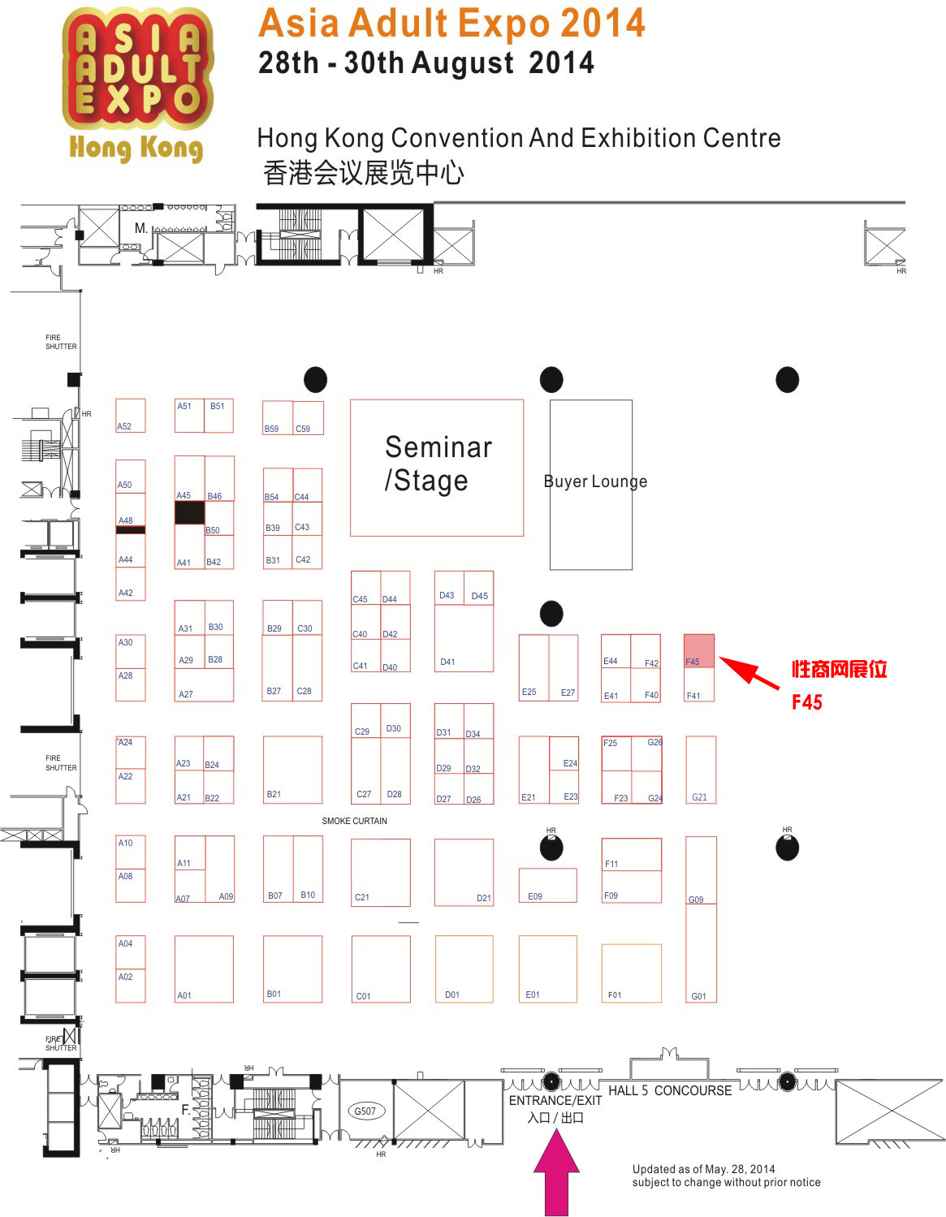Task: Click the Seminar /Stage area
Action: pyautogui.click(x=437, y=467)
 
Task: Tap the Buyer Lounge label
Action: pyautogui.click(x=595, y=481)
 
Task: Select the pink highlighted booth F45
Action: pyautogui.click(x=699, y=651)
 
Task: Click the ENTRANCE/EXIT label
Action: pyautogui.click(x=555, y=1101)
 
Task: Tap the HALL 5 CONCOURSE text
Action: pyautogui.click(x=670, y=1090)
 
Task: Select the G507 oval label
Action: pyautogui.click(x=365, y=1111)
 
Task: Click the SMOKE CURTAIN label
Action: pyautogui.click(x=354, y=821)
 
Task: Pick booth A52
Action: pyautogui.click(x=131, y=416)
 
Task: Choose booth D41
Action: pyautogui.click(x=464, y=637)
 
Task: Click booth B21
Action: pyautogui.click(x=292, y=770)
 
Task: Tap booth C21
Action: pyautogui.click(x=380, y=872)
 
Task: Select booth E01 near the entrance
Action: pyautogui.click(x=547, y=969)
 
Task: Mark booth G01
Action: pyautogui.click(x=701, y=953)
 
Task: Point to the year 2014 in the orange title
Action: pyautogui.click(x=603, y=23)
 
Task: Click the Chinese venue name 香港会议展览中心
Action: pyautogui.click(x=364, y=173)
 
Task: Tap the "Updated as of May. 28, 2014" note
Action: pyautogui.click(x=703, y=1169)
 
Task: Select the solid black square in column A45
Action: pyautogui.click(x=190, y=512)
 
